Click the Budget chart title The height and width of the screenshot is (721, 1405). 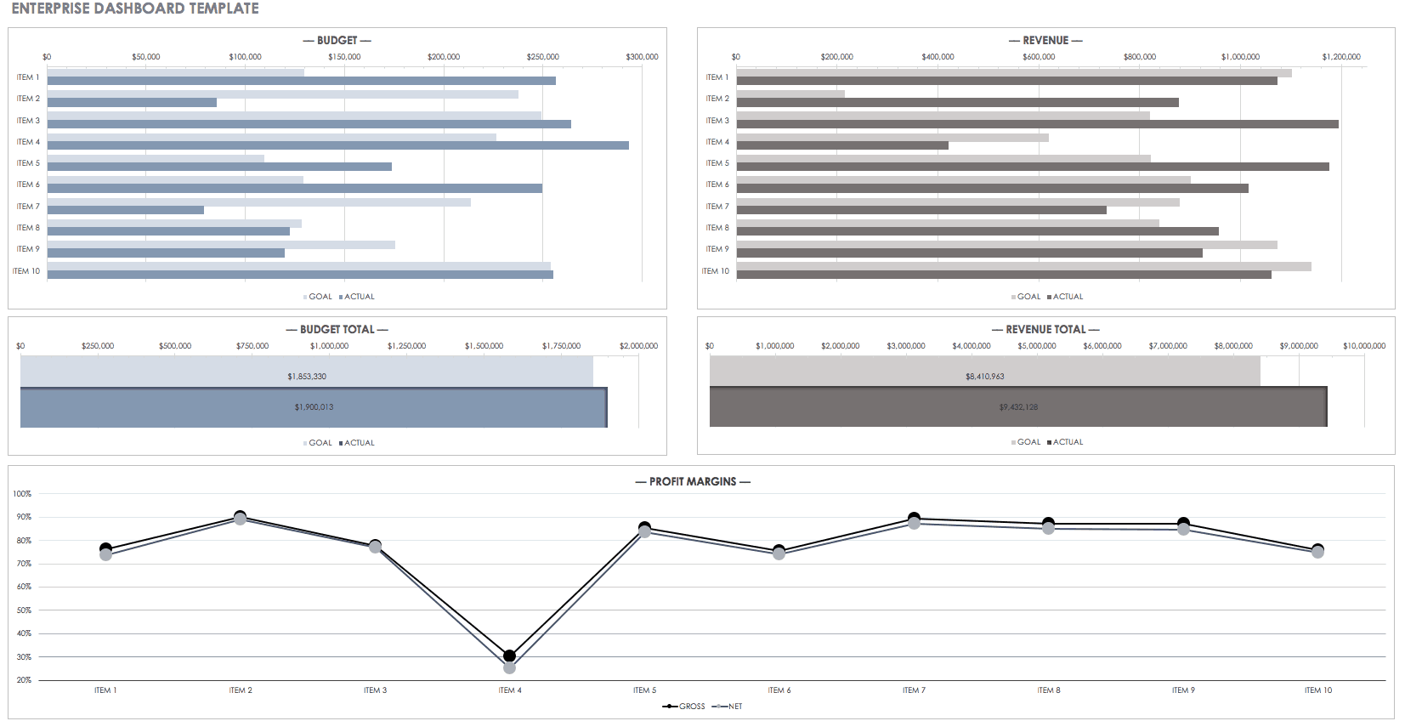click(337, 40)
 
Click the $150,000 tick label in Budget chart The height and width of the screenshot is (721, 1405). click(344, 57)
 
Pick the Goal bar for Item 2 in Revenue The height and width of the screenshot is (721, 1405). click(790, 94)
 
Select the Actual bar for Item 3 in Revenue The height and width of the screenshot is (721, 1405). click(1037, 124)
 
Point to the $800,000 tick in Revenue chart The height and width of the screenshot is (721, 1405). click(1139, 57)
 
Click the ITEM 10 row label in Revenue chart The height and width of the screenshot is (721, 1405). click(715, 271)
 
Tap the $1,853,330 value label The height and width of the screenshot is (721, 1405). click(307, 377)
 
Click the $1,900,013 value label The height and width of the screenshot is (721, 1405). click(314, 407)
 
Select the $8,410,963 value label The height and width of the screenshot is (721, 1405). click(984, 377)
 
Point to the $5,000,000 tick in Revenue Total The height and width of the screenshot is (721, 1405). click(1037, 346)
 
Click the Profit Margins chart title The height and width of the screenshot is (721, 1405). click(693, 481)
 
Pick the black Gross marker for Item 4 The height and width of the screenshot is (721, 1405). click(509, 656)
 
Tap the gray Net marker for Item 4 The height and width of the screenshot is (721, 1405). click(509, 668)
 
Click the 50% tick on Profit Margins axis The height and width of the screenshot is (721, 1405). click(23, 610)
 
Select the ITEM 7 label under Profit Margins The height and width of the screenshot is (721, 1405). click(914, 690)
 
